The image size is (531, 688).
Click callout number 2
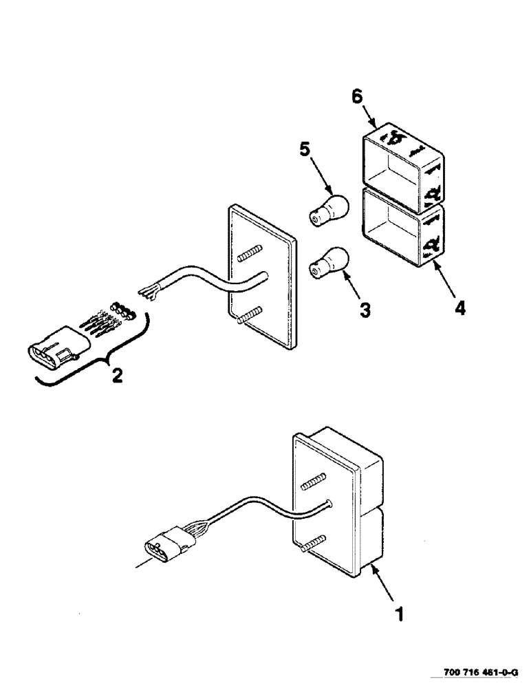pos(118,376)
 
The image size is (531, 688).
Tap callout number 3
pos(365,310)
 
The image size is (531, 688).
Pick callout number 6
pos(357,97)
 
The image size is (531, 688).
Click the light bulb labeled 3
pos(329,261)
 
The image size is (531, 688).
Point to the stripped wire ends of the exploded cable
pos(147,292)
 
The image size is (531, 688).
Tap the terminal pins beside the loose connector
pos(103,323)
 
